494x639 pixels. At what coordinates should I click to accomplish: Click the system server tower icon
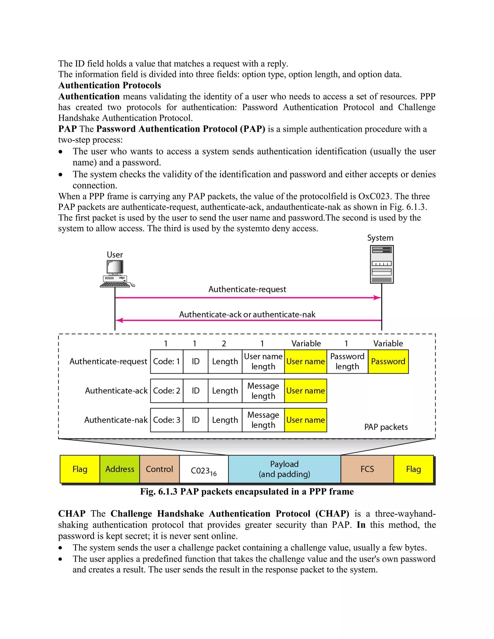(x=382, y=264)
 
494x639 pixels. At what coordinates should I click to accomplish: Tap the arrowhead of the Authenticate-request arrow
(x=377, y=298)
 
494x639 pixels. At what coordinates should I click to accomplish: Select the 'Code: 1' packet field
(x=166, y=361)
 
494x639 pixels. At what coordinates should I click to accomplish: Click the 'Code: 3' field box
(x=166, y=420)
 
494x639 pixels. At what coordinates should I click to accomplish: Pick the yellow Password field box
(x=388, y=361)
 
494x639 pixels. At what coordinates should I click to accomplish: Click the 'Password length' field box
(x=347, y=361)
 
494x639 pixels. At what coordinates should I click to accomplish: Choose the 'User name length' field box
(x=263, y=361)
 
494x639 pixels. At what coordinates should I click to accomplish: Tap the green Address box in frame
(x=120, y=469)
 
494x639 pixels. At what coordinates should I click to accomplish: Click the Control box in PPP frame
(x=159, y=469)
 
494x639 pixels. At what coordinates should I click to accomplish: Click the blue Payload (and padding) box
(x=284, y=469)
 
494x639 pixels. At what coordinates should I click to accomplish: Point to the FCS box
(x=367, y=469)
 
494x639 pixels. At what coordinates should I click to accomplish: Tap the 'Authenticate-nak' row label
(x=116, y=420)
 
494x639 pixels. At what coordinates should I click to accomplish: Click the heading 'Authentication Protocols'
(x=110, y=85)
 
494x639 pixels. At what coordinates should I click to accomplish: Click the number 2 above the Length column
(x=224, y=343)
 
